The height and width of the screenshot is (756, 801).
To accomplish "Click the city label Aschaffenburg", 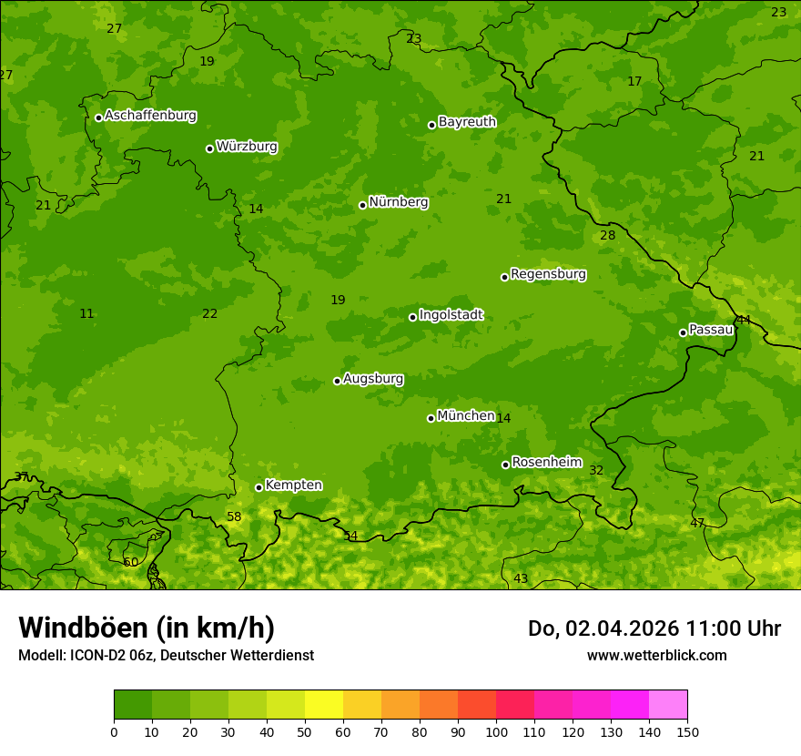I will pos(150,116).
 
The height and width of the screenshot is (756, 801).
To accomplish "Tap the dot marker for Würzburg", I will pos(209,148).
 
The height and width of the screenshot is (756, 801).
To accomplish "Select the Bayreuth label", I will pos(467,122).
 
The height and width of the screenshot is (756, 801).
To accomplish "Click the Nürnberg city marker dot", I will pos(362,205).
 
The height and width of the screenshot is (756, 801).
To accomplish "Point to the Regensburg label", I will pos(548,274).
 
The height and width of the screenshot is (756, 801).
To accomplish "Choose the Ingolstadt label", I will pos(451,315).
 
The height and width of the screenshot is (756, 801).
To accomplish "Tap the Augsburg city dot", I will pos(337,381).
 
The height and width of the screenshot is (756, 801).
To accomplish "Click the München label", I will pos(465,416).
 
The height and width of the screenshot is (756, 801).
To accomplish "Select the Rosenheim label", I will pos(546,463).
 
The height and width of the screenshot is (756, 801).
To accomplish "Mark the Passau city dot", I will pos(683,332).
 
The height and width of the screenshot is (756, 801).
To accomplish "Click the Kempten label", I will pos(293,485).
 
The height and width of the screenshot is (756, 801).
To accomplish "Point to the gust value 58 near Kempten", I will pos(234,517).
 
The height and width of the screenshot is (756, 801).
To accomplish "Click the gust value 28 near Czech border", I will pos(608,236).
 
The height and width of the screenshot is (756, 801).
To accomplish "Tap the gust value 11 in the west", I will pos(86,314).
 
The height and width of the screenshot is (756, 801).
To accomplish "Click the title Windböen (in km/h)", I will pos(147,628).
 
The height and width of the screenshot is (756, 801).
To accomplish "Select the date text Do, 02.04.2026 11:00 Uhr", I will pos(654,628).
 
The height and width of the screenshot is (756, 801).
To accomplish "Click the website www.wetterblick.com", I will pos(656,656).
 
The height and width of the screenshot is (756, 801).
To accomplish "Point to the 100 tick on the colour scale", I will pos(496,732).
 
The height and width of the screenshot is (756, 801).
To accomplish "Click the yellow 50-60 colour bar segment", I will pos(324,705).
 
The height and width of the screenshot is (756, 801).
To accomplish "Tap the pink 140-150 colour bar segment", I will pos(668,705).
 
